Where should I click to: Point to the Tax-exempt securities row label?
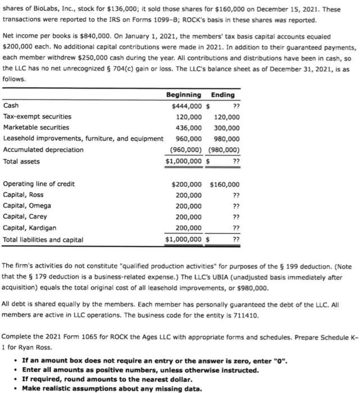(x=37, y=117)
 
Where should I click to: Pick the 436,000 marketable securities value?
(x=189, y=128)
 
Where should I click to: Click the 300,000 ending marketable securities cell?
(x=226, y=128)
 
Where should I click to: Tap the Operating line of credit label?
(x=39, y=184)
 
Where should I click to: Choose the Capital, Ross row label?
(x=23, y=195)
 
